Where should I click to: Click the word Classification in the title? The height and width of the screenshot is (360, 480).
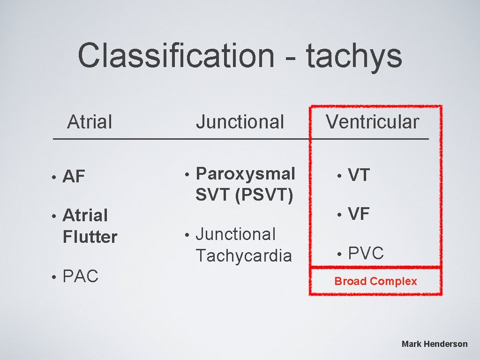click(176, 55)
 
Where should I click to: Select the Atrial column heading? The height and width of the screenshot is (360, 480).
click(90, 122)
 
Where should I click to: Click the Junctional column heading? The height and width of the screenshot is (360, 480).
click(240, 122)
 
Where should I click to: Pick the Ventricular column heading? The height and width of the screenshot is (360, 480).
click(373, 122)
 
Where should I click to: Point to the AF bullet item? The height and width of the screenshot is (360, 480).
click(74, 177)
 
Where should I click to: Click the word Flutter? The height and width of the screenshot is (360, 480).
click(90, 237)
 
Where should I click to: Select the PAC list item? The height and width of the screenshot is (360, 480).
click(80, 277)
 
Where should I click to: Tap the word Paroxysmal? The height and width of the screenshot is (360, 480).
click(245, 173)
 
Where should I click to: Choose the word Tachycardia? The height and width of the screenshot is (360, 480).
click(243, 256)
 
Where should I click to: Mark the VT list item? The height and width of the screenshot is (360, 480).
click(359, 175)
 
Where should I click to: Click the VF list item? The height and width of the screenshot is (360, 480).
click(359, 214)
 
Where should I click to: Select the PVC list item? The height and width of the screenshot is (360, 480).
click(366, 254)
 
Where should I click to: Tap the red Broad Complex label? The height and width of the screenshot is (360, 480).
click(375, 281)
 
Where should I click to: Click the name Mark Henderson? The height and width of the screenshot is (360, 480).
click(435, 344)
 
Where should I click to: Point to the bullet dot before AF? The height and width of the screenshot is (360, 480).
click(54, 177)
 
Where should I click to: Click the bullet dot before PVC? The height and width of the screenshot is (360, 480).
click(340, 255)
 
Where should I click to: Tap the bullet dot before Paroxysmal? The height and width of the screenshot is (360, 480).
click(187, 174)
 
